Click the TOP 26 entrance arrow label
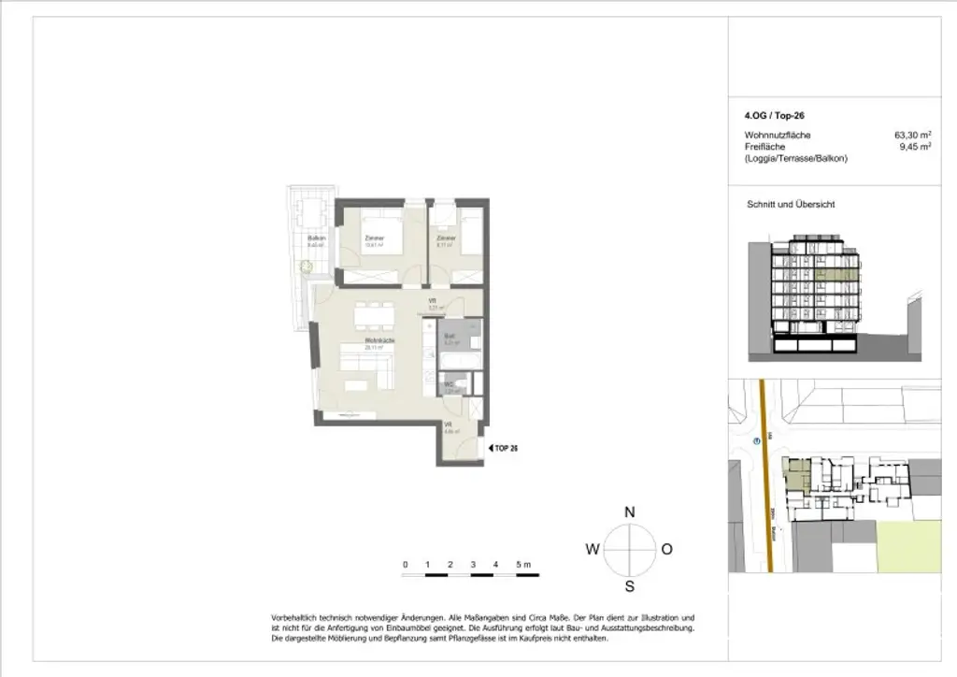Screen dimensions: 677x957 (x=505, y=449)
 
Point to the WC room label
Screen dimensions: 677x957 (x=449, y=384)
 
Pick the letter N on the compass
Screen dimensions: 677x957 (x=630, y=512)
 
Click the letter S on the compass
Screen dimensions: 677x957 (x=630, y=587)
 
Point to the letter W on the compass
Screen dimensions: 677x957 (x=593, y=550)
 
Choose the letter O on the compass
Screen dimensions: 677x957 (x=666, y=550)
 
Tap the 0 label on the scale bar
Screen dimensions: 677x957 (x=405, y=564)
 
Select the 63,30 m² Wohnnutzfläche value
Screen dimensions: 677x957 (x=912, y=136)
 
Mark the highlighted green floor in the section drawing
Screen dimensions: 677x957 (x=836, y=277)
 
